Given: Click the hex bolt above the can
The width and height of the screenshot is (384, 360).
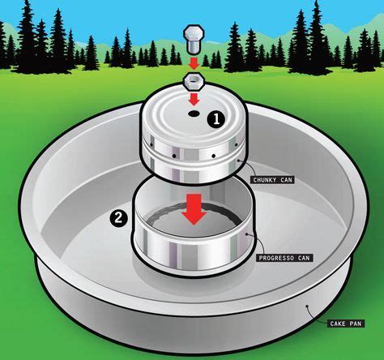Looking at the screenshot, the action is click(x=194, y=40).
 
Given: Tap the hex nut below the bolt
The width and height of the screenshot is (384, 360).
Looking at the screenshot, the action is click(x=194, y=80).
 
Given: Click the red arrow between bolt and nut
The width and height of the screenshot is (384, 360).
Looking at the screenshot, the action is click(x=194, y=63).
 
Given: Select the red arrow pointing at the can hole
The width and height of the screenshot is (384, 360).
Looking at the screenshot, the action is click(x=194, y=99).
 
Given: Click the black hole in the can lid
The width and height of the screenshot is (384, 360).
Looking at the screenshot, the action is click(x=194, y=114).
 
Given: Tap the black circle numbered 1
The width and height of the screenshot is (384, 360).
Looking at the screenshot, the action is click(x=216, y=120).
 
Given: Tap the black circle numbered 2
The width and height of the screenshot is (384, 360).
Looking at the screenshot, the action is click(x=118, y=218).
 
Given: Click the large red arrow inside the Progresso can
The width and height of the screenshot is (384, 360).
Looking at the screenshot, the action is click(x=194, y=208).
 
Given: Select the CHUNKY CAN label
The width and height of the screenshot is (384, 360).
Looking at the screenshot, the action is click(x=273, y=180).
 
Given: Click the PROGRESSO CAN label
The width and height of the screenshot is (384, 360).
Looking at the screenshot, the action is click(x=284, y=258).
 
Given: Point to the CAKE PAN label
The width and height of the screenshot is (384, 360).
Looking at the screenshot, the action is click(x=346, y=324).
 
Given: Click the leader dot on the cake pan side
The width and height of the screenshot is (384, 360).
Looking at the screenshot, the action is click(x=307, y=306).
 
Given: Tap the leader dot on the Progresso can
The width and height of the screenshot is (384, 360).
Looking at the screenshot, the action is click(x=246, y=234).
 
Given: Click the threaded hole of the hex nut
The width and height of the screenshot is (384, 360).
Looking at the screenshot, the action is click(x=194, y=79).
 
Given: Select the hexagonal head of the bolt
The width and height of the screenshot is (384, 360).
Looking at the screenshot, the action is click(x=194, y=33).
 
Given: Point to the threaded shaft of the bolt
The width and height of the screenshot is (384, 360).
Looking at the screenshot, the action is click(x=194, y=48).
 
